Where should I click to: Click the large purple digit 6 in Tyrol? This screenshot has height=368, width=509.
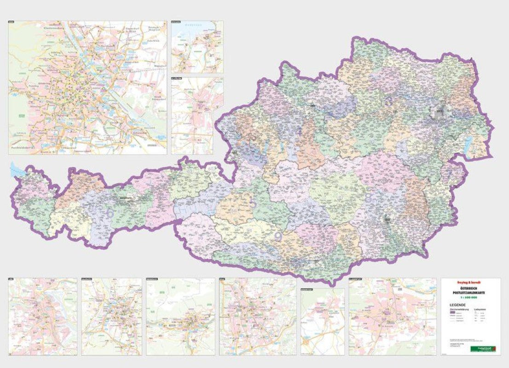[110, 213]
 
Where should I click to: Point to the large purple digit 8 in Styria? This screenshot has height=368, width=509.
[368, 198]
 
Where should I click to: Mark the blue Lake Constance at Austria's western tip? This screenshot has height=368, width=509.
[17, 171]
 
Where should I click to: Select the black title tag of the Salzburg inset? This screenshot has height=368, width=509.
[88, 279]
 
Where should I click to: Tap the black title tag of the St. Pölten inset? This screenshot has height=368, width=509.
[177, 79]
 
